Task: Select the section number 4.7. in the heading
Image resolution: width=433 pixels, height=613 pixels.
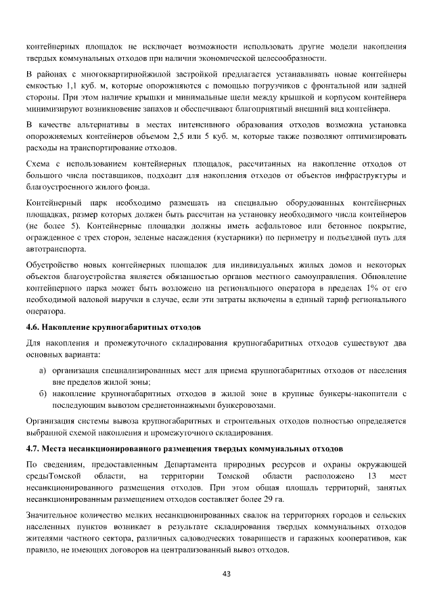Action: (34, 448)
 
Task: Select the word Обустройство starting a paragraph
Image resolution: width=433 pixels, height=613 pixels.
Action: (52, 266)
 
